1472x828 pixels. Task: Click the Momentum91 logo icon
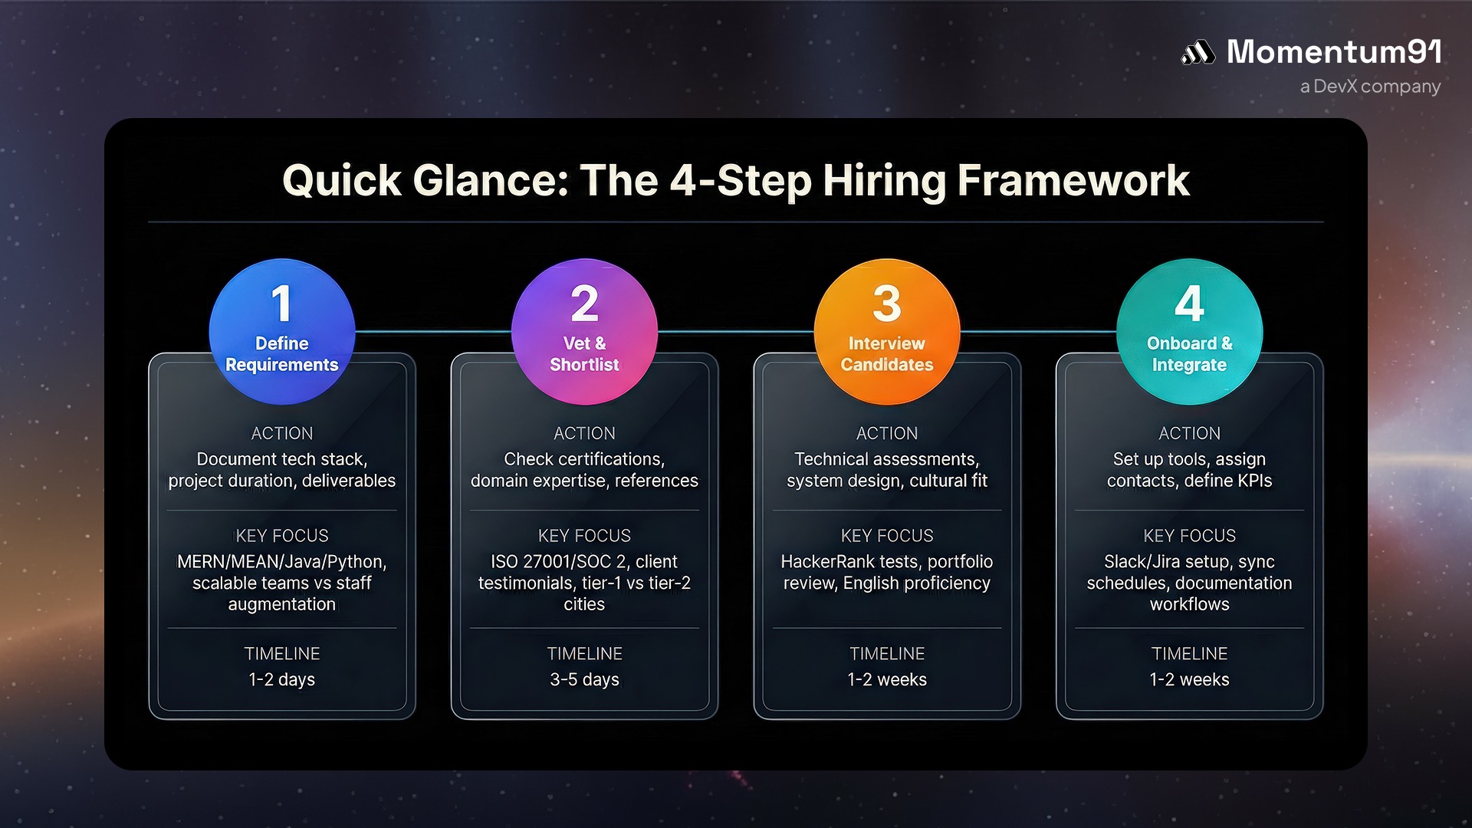(x=1198, y=52)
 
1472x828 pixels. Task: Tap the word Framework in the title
(x=1073, y=181)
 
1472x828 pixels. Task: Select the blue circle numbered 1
(x=282, y=330)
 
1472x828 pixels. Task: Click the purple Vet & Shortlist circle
(x=584, y=330)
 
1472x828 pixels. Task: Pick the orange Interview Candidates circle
(x=887, y=330)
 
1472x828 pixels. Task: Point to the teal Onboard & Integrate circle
(x=1189, y=330)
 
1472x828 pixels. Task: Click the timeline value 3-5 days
(x=584, y=679)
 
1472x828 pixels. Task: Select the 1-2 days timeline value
(x=282, y=679)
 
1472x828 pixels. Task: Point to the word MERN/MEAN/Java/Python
(x=281, y=561)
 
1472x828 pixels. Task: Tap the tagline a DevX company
(x=1370, y=87)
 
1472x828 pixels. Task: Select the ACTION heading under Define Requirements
(x=282, y=433)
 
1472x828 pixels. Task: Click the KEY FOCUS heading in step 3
(x=887, y=535)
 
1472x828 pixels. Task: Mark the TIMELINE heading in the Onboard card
(x=1189, y=653)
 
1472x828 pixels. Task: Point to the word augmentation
(x=282, y=604)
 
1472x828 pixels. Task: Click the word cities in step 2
(x=584, y=604)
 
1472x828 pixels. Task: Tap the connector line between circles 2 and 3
(x=736, y=332)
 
